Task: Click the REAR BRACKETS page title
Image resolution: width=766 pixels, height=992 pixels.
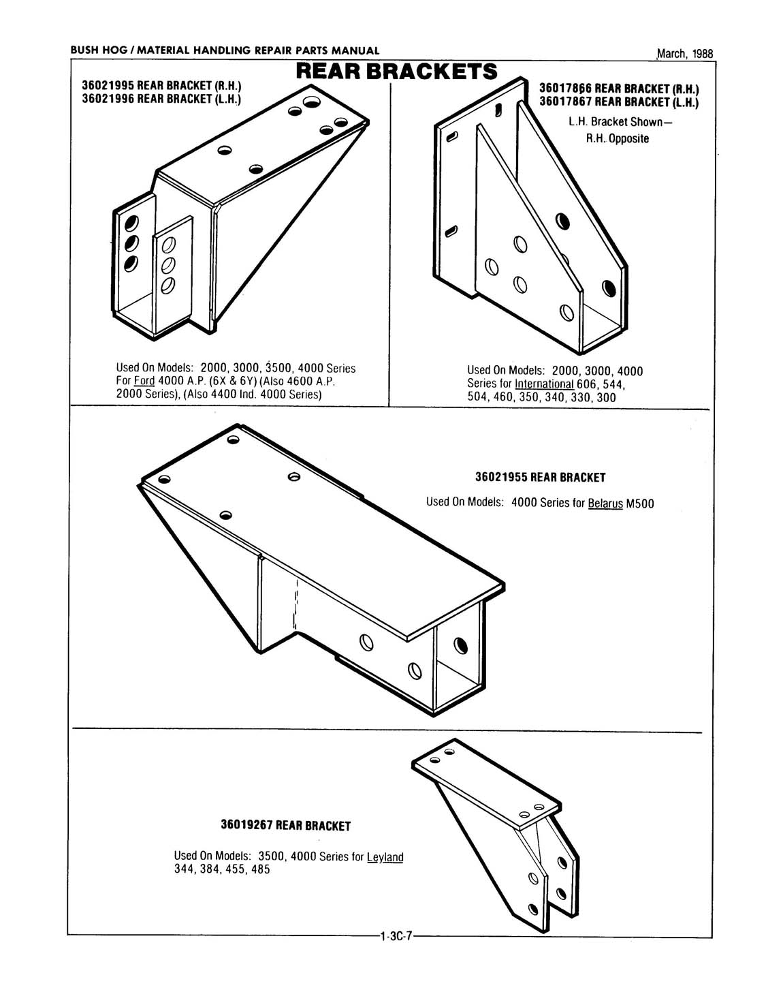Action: click(x=397, y=72)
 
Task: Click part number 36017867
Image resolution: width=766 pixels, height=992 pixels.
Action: click(x=566, y=102)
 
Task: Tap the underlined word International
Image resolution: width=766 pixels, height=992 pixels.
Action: click(x=544, y=384)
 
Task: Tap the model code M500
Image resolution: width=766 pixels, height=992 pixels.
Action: click(x=640, y=503)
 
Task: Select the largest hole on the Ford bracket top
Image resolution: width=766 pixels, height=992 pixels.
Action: click(x=313, y=103)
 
